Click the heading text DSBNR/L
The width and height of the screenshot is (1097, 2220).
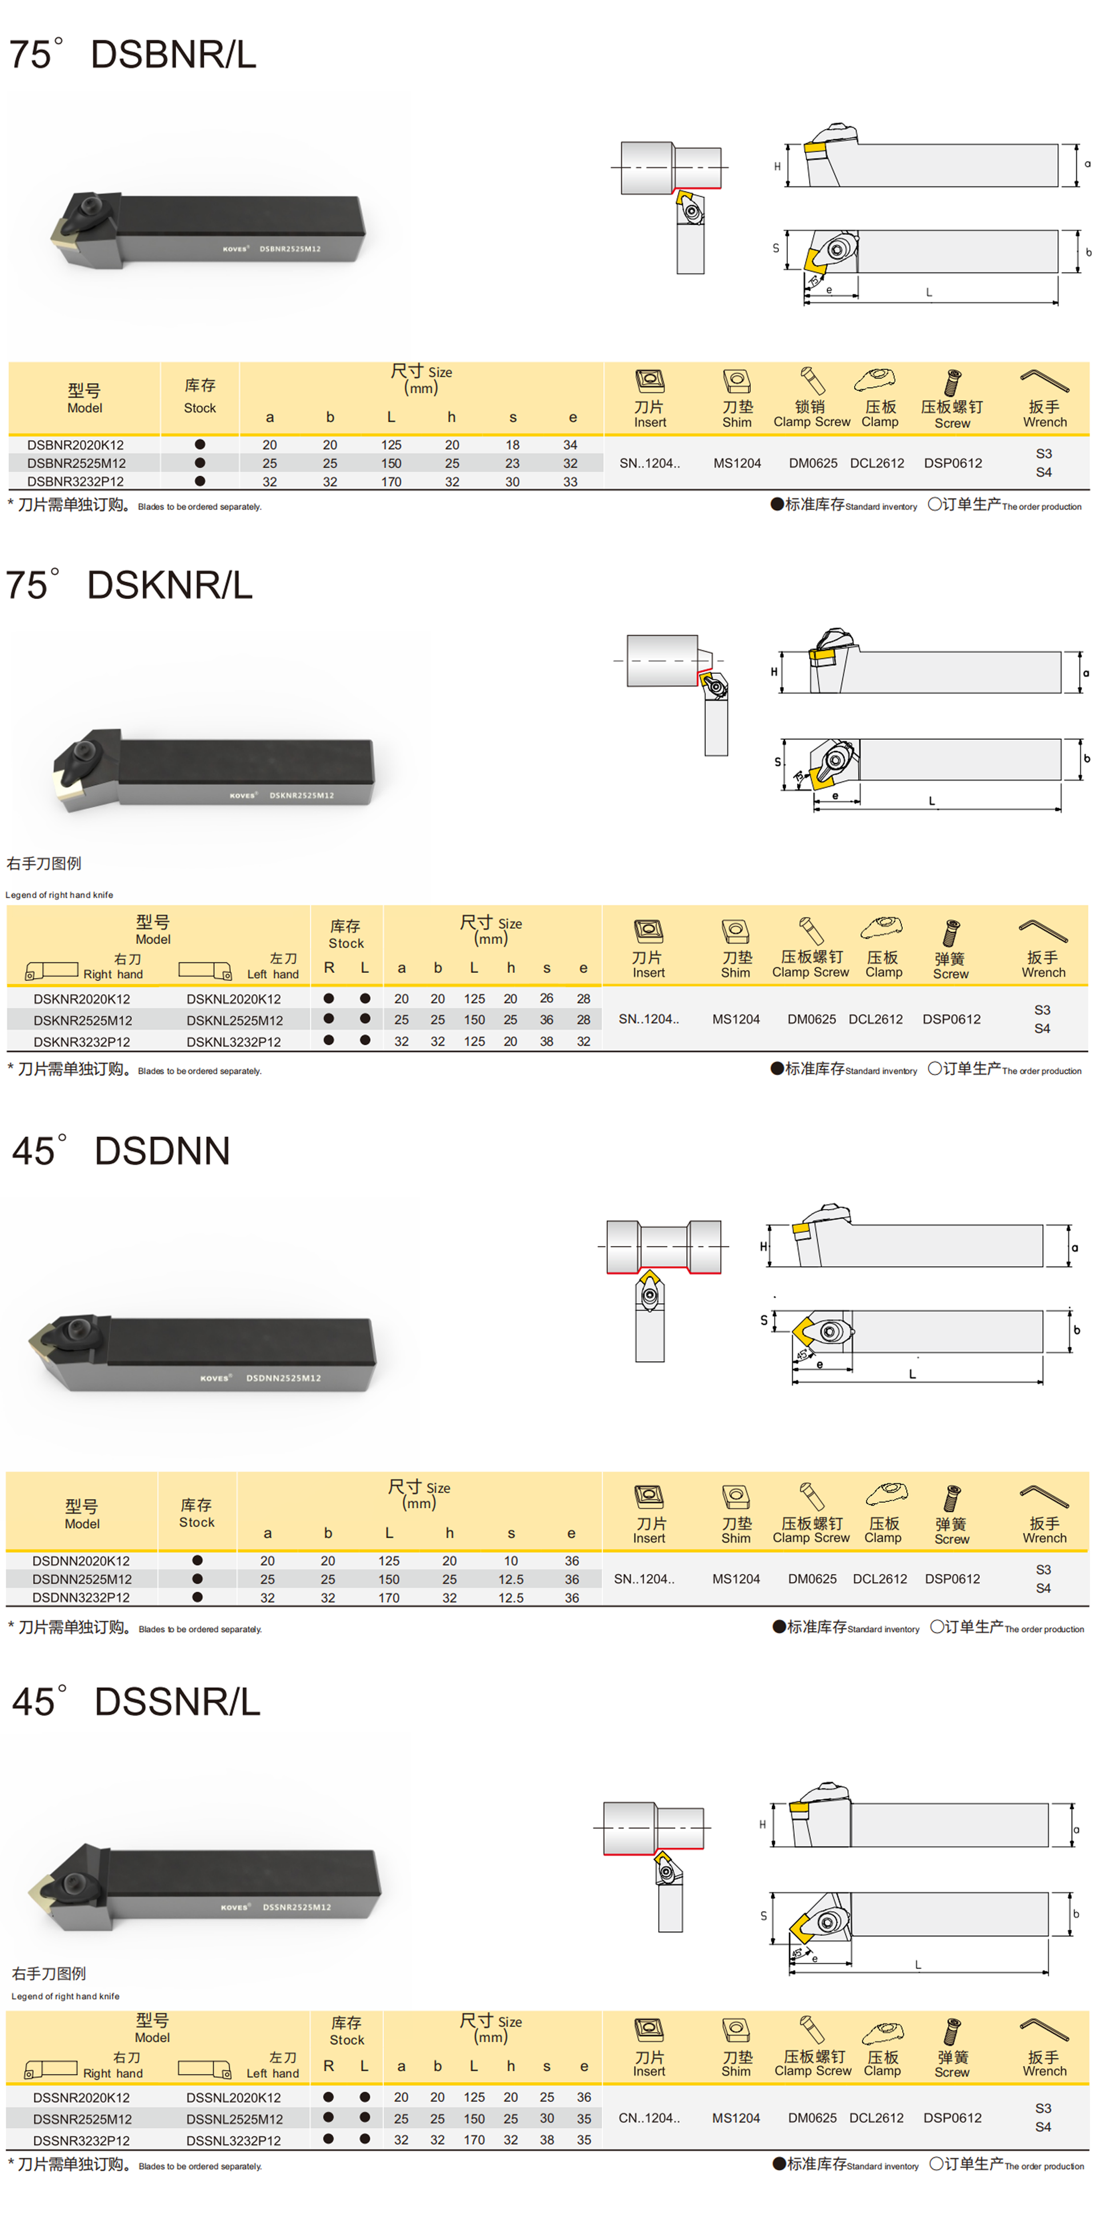click(x=173, y=54)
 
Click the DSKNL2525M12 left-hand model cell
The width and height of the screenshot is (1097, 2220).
click(x=234, y=1020)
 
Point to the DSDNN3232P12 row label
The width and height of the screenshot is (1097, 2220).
click(x=81, y=1597)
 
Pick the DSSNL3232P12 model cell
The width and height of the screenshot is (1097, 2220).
click(x=234, y=2140)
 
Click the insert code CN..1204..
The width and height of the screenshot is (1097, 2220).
click(x=649, y=2118)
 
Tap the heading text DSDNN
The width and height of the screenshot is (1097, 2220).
click(x=162, y=1151)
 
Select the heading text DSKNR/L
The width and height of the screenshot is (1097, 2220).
click(x=170, y=585)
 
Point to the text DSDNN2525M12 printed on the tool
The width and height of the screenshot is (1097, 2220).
click(x=283, y=1378)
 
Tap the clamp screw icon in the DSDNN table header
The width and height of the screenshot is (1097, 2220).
click(x=811, y=1497)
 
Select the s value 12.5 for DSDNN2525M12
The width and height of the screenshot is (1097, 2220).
click(x=511, y=1579)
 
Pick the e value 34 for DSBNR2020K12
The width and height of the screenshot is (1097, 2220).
click(x=570, y=445)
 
